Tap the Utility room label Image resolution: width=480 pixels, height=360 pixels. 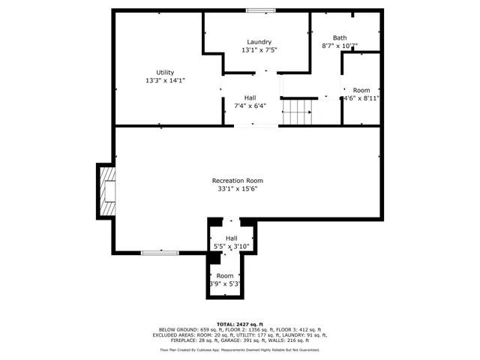click(165, 73)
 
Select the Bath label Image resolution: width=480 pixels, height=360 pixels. click(340, 37)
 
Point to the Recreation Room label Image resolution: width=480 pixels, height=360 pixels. click(237, 181)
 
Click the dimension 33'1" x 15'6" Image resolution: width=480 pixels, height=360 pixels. click(237, 189)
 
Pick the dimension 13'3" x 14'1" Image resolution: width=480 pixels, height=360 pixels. click(165, 81)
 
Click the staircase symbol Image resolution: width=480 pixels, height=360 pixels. click(296, 112)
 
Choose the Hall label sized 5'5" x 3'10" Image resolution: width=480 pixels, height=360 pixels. click(231, 238)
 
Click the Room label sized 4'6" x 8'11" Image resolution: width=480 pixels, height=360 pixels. click(361, 90)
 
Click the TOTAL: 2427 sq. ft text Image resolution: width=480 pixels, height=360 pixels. click(240, 323)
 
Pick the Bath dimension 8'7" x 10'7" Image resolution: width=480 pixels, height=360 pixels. click(340, 46)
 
